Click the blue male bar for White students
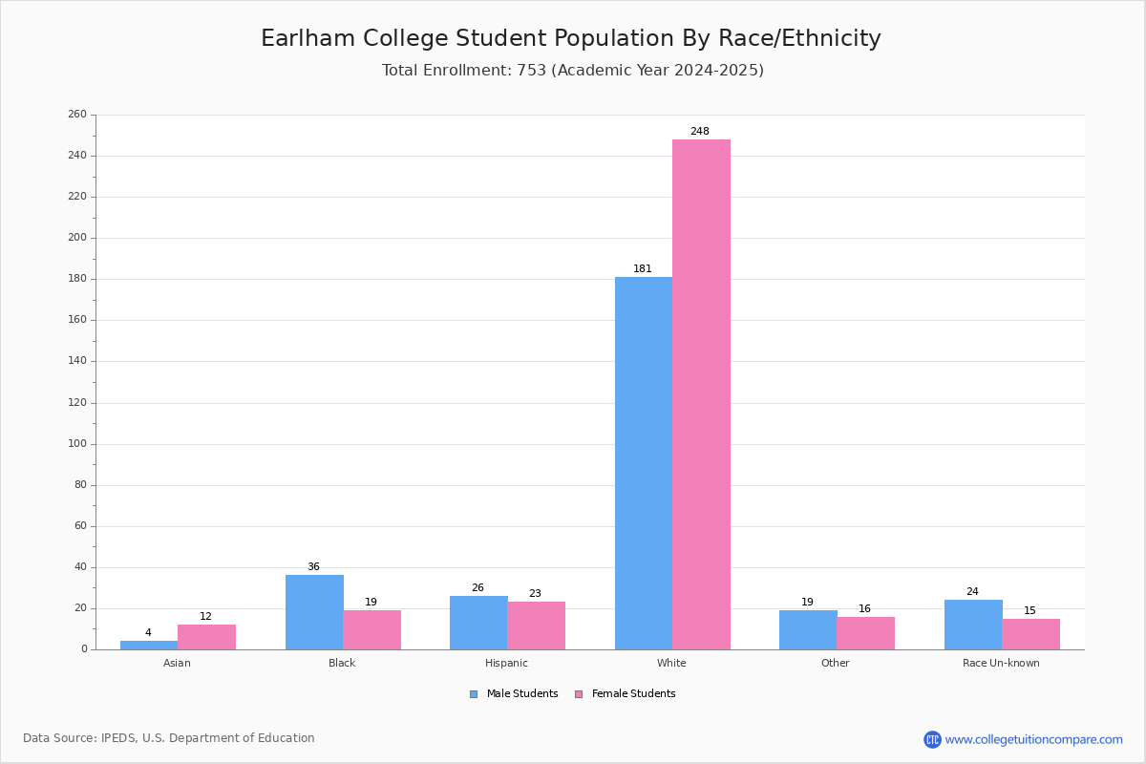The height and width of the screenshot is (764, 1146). (643, 463)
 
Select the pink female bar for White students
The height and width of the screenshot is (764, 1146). (701, 394)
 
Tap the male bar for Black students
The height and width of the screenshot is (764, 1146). (314, 612)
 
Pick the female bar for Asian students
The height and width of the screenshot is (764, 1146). (206, 637)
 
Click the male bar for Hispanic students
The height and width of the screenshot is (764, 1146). (478, 623)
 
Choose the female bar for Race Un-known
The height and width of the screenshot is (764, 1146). (1030, 634)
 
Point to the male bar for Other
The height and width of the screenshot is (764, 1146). (808, 630)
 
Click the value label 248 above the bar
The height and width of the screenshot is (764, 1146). (700, 132)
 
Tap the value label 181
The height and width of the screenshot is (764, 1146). (643, 269)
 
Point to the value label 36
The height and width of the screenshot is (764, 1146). (313, 567)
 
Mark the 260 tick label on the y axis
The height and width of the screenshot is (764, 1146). (77, 115)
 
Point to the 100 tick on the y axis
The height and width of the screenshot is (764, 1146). (77, 444)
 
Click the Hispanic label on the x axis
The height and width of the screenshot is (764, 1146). (506, 663)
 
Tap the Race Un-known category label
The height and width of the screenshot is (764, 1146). (1001, 663)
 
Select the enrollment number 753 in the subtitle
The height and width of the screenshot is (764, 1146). (532, 71)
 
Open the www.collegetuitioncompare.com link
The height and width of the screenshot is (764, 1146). (1033, 739)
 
